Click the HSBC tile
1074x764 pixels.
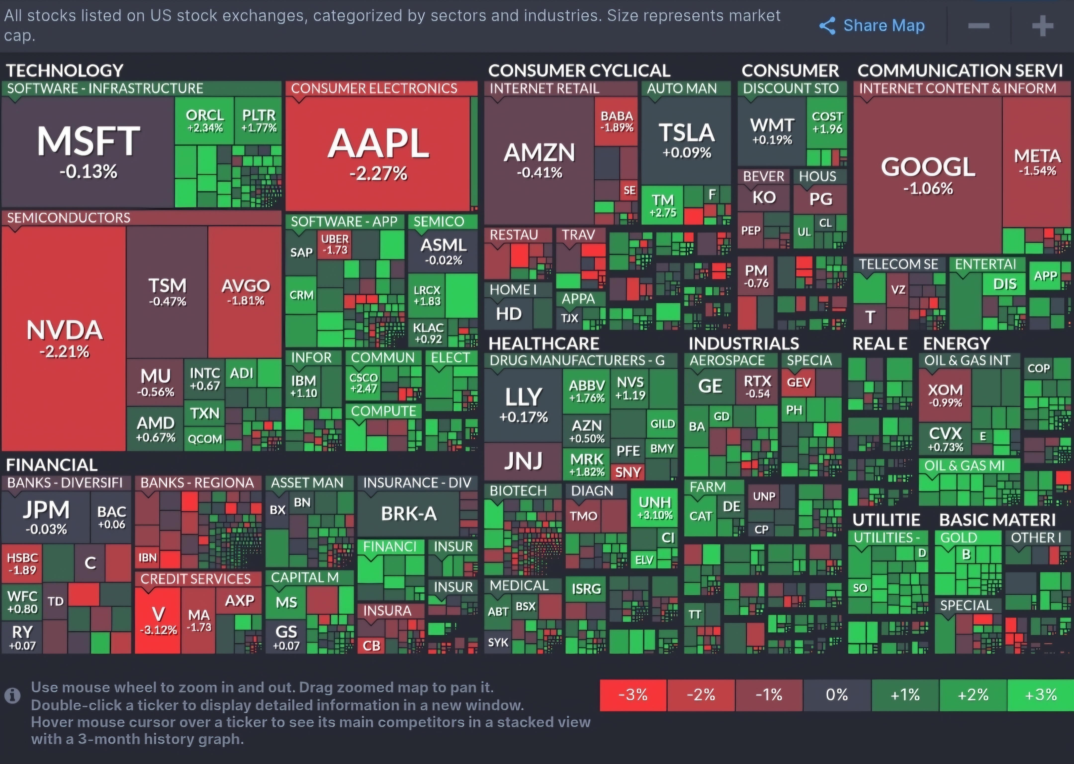(x=22, y=563)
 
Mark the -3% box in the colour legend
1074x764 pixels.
(x=633, y=695)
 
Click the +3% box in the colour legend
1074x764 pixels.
(x=1041, y=695)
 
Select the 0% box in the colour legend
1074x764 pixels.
(x=837, y=695)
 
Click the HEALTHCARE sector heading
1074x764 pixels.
(x=544, y=344)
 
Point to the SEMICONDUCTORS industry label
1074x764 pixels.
(x=69, y=218)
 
